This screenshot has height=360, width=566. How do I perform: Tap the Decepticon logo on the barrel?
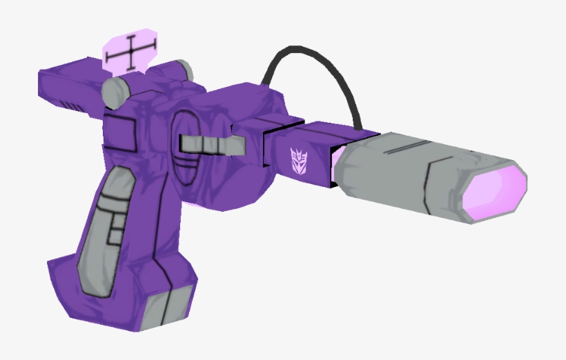click(297, 159)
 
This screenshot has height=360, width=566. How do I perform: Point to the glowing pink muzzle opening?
click(494, 189)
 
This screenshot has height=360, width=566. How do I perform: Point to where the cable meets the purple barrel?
click(359, 128)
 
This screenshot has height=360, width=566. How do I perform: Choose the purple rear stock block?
click(69, 86)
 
